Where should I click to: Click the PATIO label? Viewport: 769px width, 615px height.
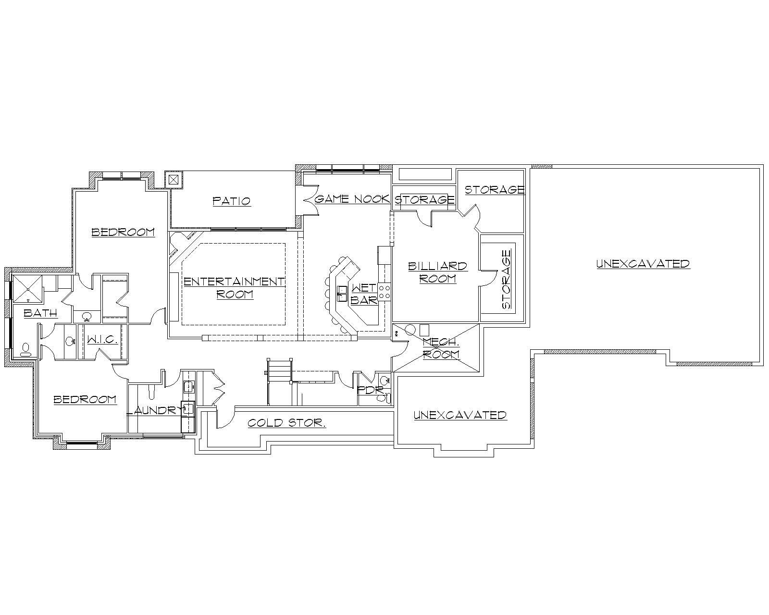coord(232,201)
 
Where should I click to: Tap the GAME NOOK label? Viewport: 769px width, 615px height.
coord(352,199)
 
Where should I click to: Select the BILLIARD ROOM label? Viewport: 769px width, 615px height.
coord(437,272)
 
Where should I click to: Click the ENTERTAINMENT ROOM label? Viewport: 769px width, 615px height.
coord(235,287)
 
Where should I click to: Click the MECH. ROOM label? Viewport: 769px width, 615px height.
coord(441,348)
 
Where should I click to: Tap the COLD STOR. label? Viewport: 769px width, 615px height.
coord(287,423)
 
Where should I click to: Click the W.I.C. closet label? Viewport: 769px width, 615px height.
coord(102,340)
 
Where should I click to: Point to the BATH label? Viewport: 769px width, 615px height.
coord(41,313)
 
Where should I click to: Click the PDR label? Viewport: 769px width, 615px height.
coord(371,390)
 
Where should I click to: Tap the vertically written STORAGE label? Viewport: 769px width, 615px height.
coord(507,279)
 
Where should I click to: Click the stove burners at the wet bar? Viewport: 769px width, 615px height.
coord(385,292)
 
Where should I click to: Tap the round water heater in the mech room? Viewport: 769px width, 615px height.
coord(410,330)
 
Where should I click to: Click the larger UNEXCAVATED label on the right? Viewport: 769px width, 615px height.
coord(643,264)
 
